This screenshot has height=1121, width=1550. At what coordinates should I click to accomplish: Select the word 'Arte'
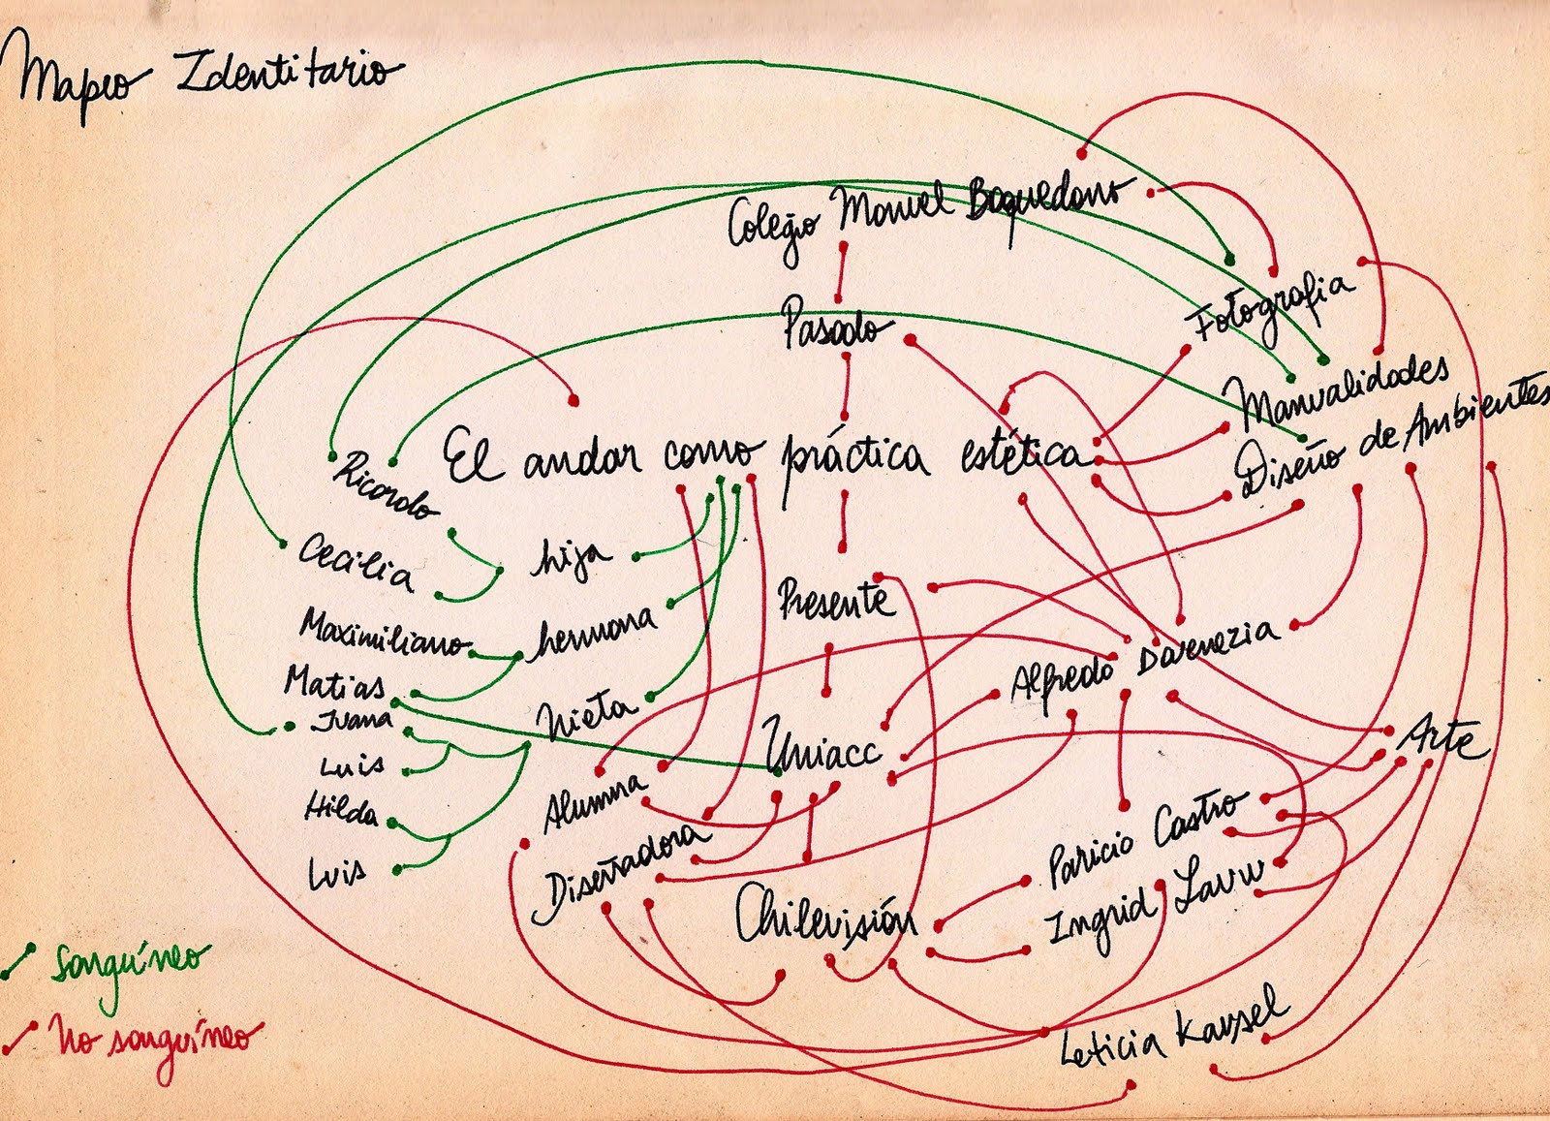point(1441,740)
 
